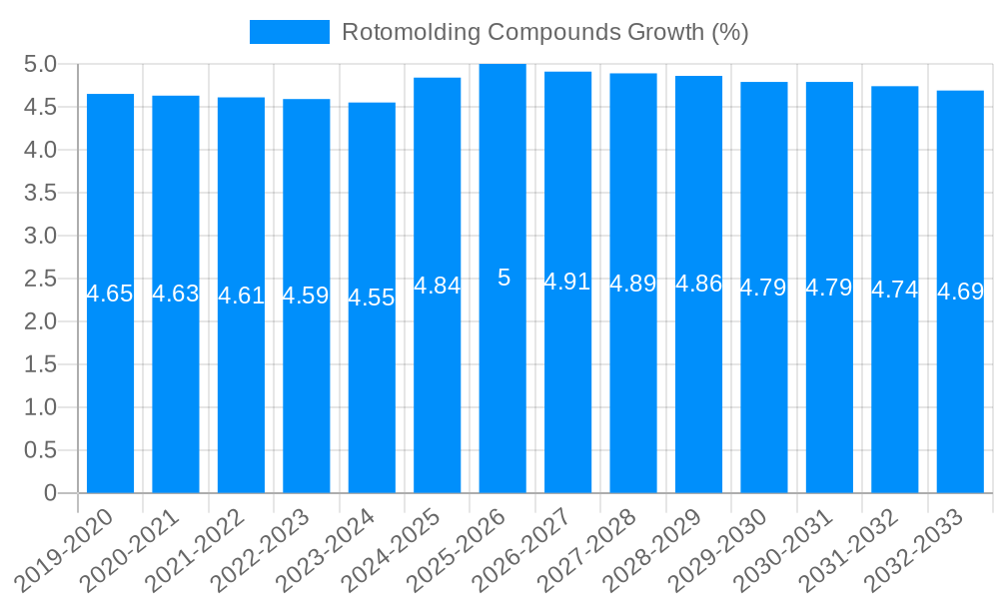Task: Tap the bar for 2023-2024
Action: pos(372,399)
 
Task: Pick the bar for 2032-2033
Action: pos(960,399)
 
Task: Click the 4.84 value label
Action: pos(438,286)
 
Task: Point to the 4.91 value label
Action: pos(567,282)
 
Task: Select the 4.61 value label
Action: pos(241,296)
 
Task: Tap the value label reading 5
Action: pos(503,278)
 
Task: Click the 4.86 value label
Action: pos(698,284)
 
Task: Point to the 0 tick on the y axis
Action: pos(51,493)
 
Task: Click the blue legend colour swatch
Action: pos(289,32)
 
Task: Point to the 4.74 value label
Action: pos(895,290)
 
